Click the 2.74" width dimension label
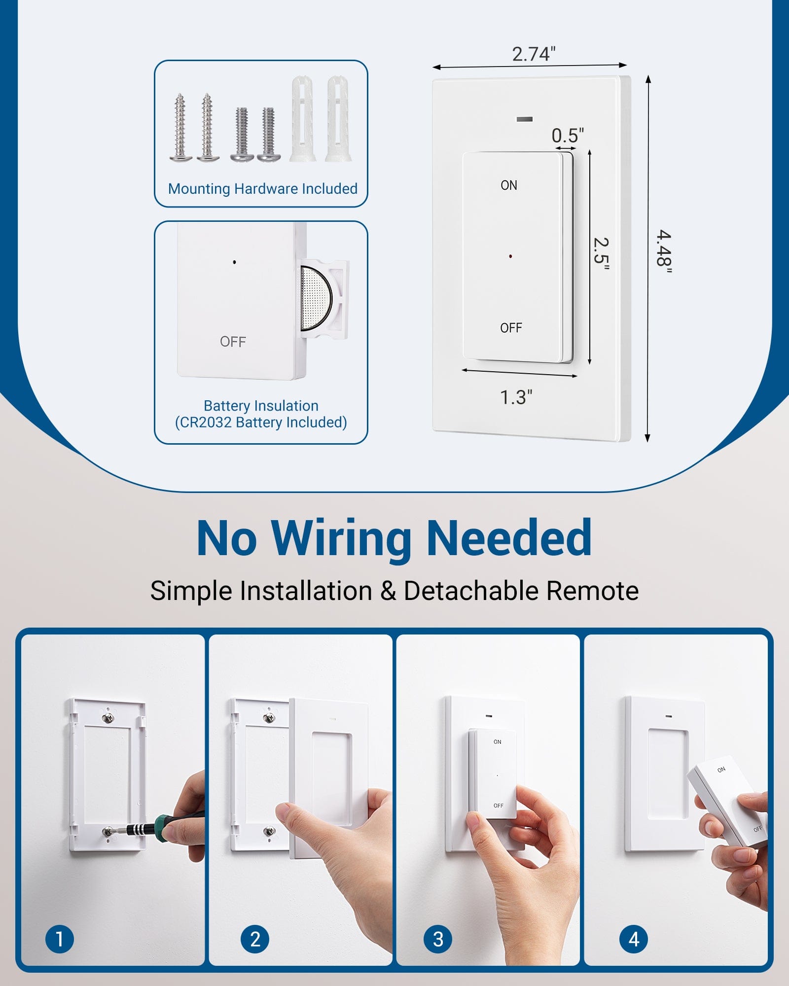coord(534,54)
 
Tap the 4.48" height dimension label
coord(664,251)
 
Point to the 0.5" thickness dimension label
coord(568,136)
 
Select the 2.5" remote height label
coord(601,253)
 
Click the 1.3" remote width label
coord(516,397)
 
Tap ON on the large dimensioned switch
coord(509,185)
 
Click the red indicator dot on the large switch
coord(510,257)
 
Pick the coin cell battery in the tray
coord(316,299)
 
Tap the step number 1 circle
coord(60,939)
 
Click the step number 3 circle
coord(438,939)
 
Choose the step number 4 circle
coord(634,939)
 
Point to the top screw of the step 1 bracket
coord(108,716)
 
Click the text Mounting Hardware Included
coord(262,189)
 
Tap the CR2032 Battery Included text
coord(261,423)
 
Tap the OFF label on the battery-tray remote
coord(233,342)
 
